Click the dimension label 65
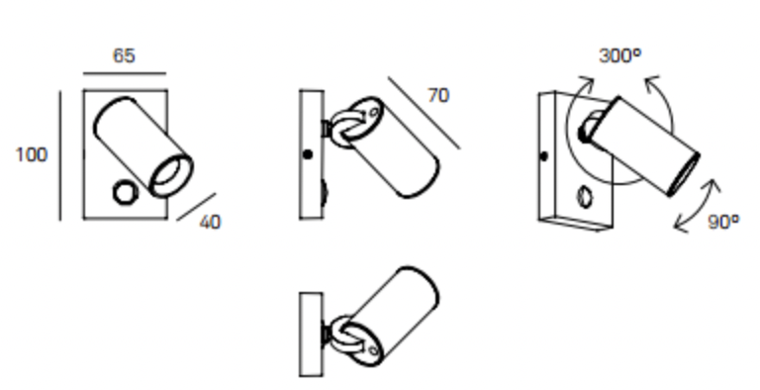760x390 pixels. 124,55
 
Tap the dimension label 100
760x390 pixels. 32,154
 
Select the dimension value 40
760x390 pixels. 210,222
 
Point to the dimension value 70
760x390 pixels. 438,96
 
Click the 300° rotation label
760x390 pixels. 619,55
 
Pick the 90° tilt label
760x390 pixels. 723,222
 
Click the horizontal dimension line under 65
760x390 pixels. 125,74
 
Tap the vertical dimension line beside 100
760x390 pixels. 60,155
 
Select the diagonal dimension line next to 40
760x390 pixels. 196,207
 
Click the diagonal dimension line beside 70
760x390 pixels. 425,113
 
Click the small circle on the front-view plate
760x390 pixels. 125,192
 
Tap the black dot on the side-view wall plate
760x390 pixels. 308,154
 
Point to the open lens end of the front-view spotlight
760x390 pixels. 171,176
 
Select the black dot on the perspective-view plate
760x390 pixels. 544,156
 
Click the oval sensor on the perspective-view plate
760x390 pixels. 585,197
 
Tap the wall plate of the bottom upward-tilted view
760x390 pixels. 311,335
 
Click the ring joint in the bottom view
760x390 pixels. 347,335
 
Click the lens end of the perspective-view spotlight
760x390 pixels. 685,174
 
